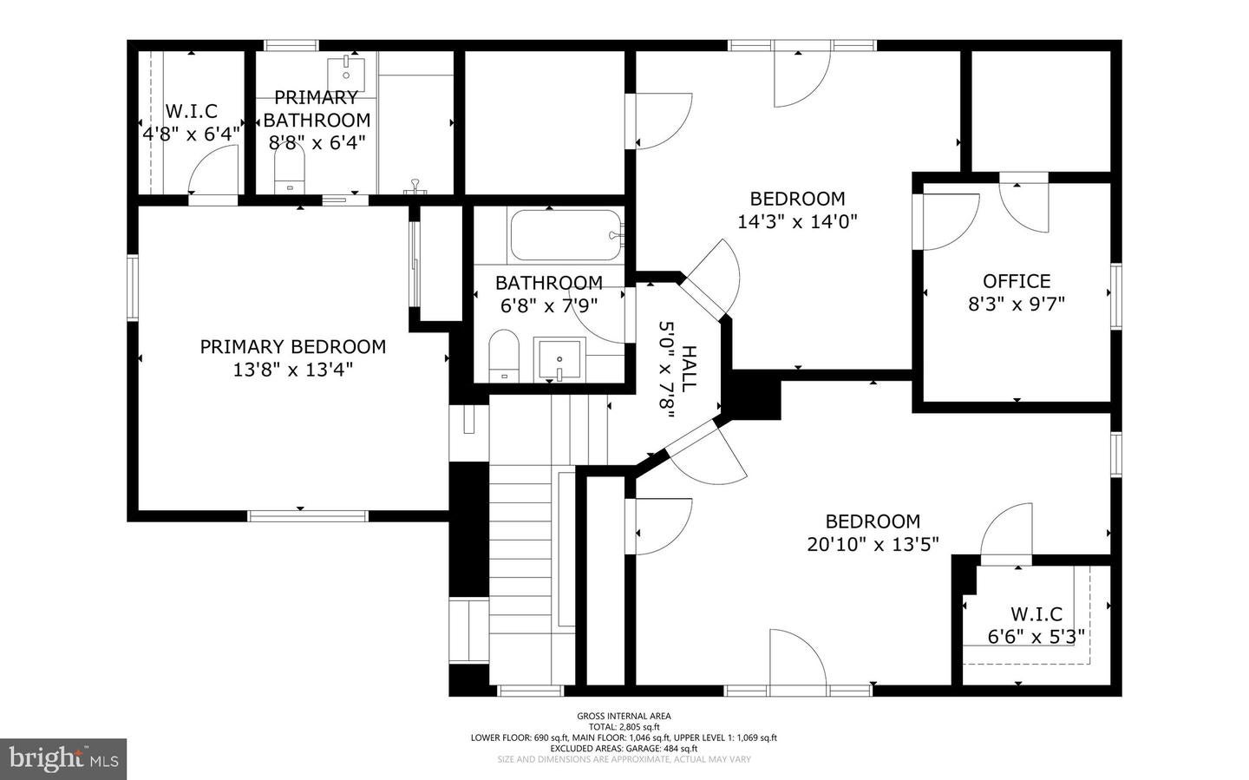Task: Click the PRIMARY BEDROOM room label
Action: point(292,347)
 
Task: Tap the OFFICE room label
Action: point(1016,281)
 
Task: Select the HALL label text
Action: point(689,369)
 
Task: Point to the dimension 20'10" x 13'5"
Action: point(873,544)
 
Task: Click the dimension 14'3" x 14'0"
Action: point(797,221)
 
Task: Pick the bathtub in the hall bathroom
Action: point(566,235)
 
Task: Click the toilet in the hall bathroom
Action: point(503,357)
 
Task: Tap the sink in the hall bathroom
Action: point(559,358)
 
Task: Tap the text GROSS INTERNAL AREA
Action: point(624,716)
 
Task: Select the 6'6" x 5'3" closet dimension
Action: point(1036,637)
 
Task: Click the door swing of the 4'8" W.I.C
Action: point(214,171)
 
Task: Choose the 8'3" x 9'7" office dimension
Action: point(1016,304)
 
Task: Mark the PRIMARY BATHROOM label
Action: point(317,108)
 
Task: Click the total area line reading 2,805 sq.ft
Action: point(624,727)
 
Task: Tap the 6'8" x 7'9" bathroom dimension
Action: point(549,305)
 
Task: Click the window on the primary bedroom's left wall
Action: point(133,286)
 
